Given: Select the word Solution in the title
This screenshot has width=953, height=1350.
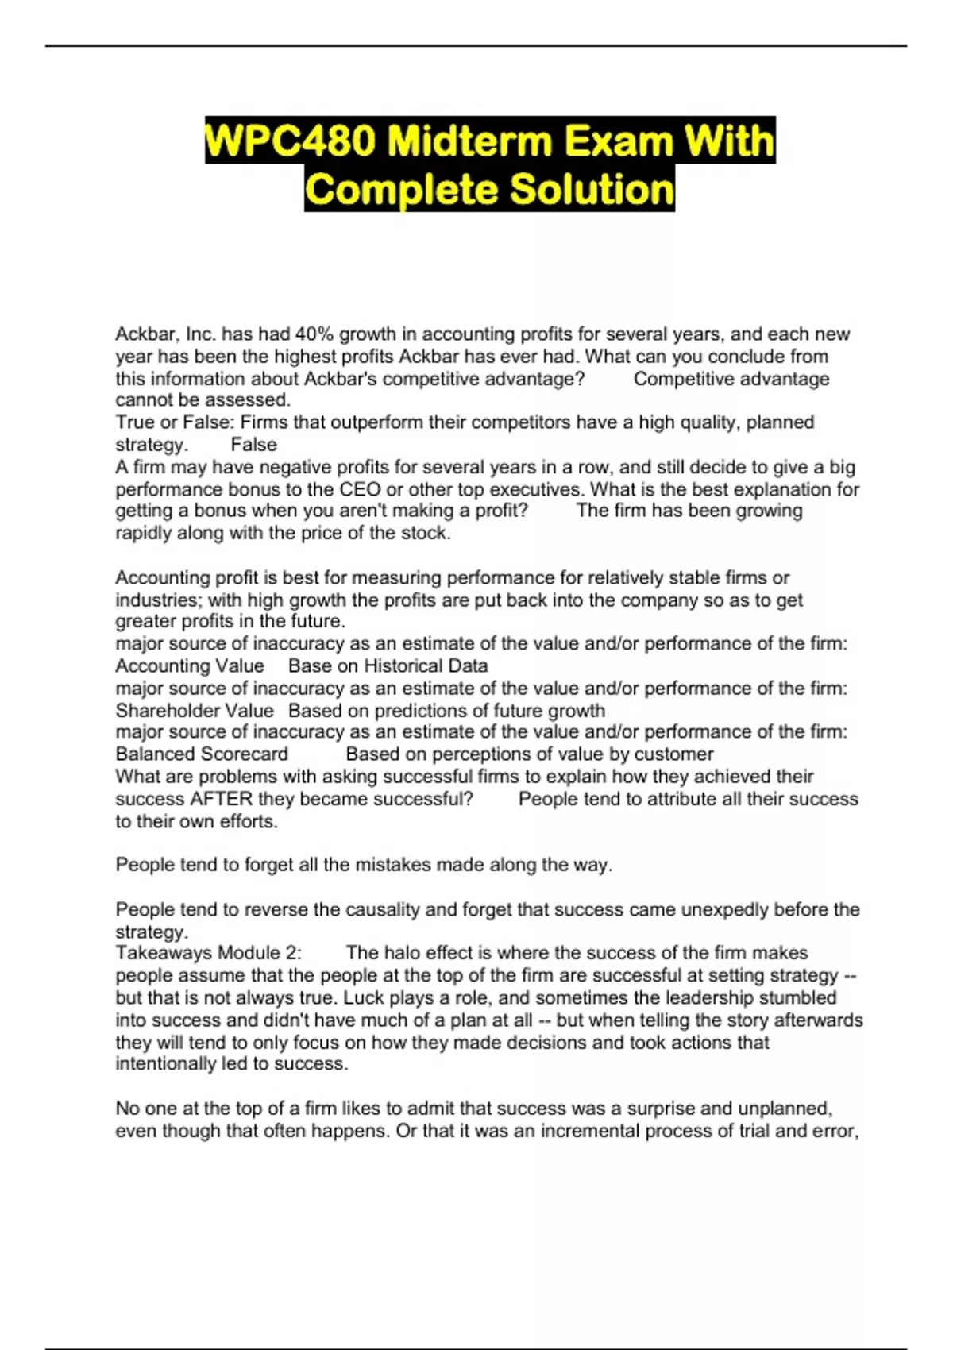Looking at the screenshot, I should (x=592, y=189).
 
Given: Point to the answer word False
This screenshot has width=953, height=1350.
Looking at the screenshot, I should (x=253, y=445).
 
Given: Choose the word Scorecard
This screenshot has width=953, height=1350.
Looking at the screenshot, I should (x=243, y=754).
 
